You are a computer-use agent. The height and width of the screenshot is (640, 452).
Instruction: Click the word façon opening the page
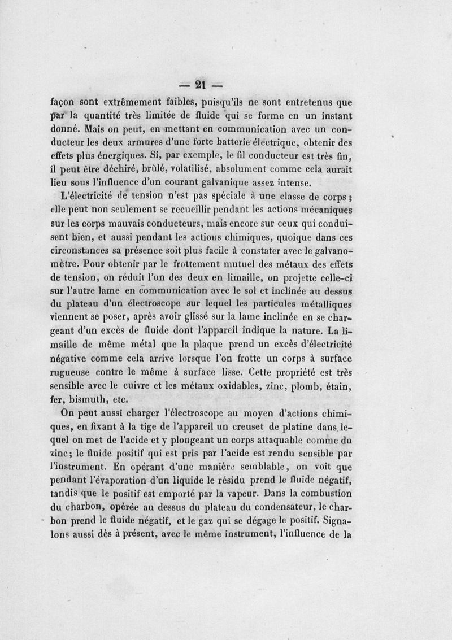point(64,103)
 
